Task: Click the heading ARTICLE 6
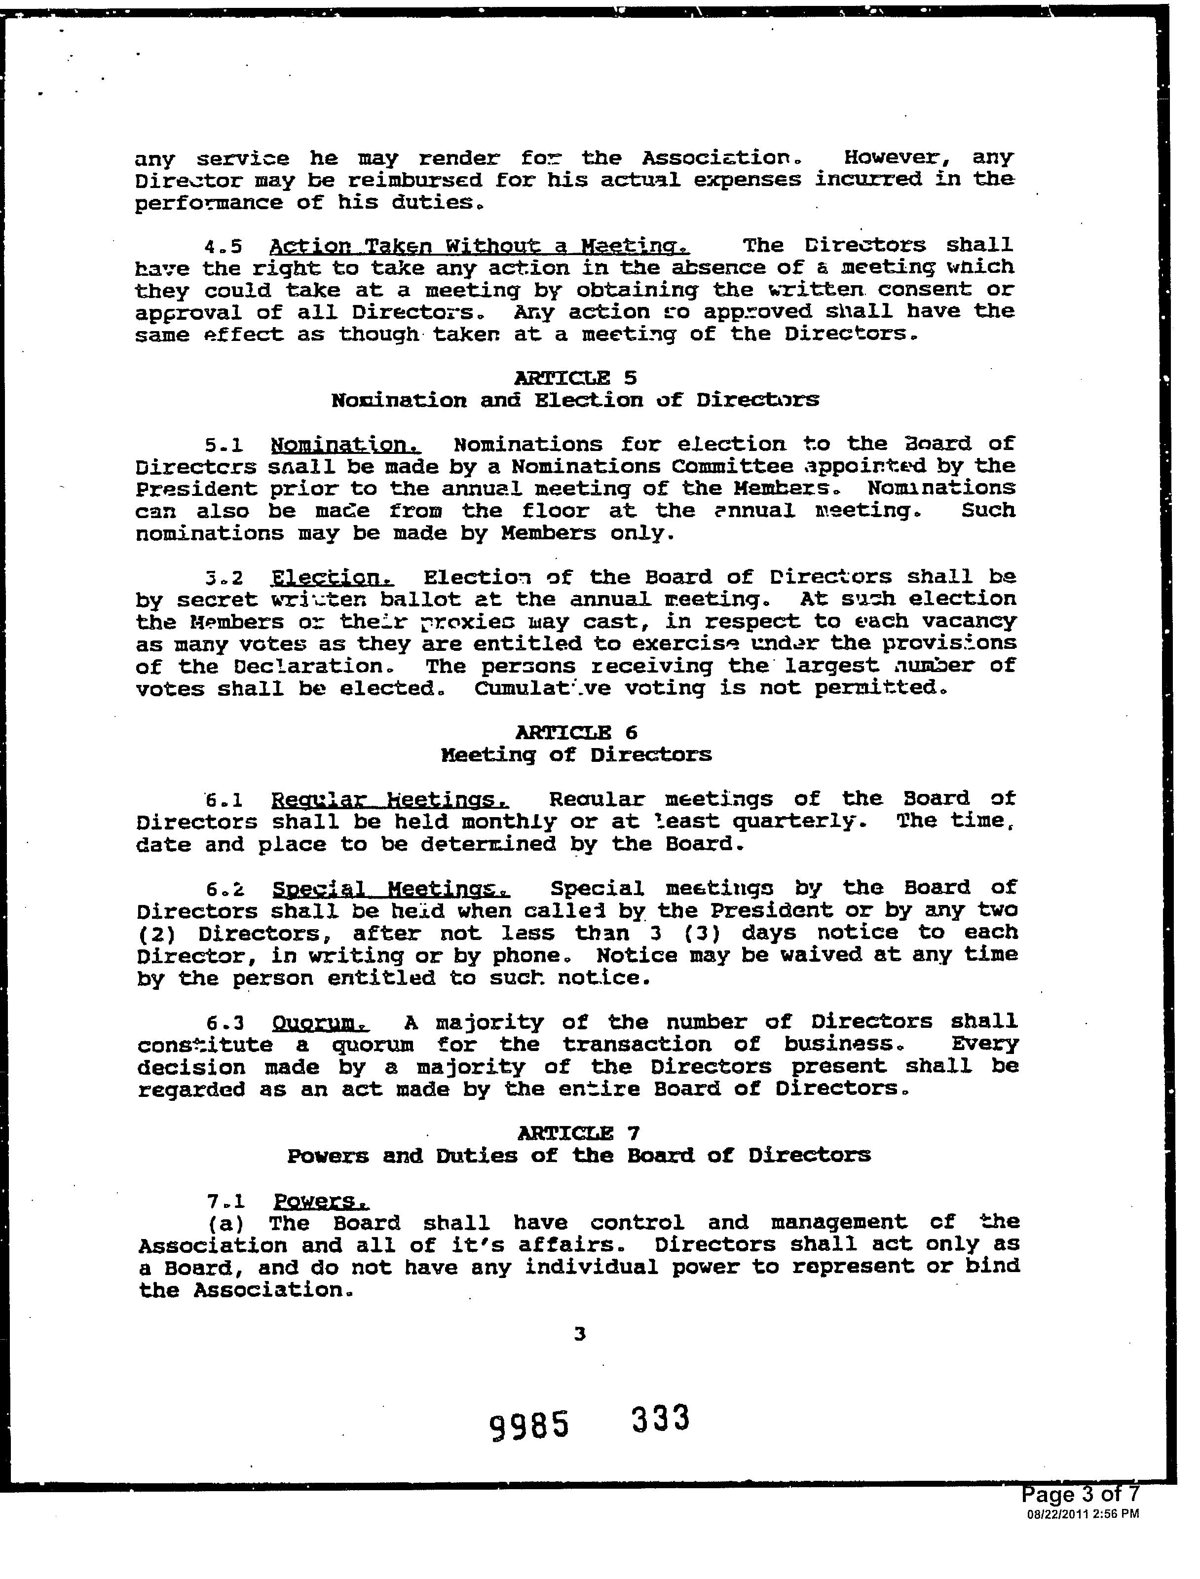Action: (x=576, y=732)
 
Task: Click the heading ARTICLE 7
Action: (x=578, y=1132)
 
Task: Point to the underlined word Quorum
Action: (x=320, y=1023)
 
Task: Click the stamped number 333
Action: (x=661, y=1418)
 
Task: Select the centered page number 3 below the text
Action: (x=579, y=1333)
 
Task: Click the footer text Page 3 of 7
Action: (x=1080, y=1494)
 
